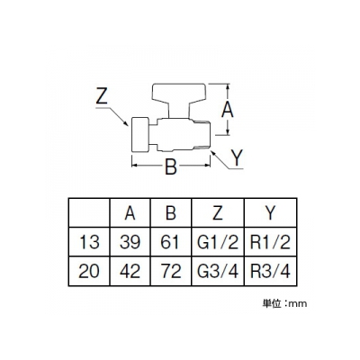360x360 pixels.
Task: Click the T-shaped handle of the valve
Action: coord(179,96)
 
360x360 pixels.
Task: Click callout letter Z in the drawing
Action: coord(102,95)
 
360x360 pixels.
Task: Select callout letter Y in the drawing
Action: coord(237,157)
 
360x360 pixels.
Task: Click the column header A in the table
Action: coord(130,213)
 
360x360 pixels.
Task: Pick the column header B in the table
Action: coord(171,213)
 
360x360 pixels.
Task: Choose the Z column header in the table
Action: coord(218,213)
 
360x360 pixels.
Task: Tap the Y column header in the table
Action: coord(270,213)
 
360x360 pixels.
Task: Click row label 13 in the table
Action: coord(89,242)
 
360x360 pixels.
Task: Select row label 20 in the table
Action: coord(89,271)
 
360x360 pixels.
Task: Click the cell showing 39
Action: coord(130,242)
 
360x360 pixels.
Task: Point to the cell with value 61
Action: coord(170,242)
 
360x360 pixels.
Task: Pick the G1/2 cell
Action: coord(218,242)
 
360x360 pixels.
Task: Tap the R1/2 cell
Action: coord(270,242)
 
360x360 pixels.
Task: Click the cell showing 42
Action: coord(130,271)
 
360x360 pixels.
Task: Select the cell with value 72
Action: coord(171,271)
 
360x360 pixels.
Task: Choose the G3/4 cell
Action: coord(218,271)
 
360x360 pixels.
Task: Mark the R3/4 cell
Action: coord(270,271)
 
